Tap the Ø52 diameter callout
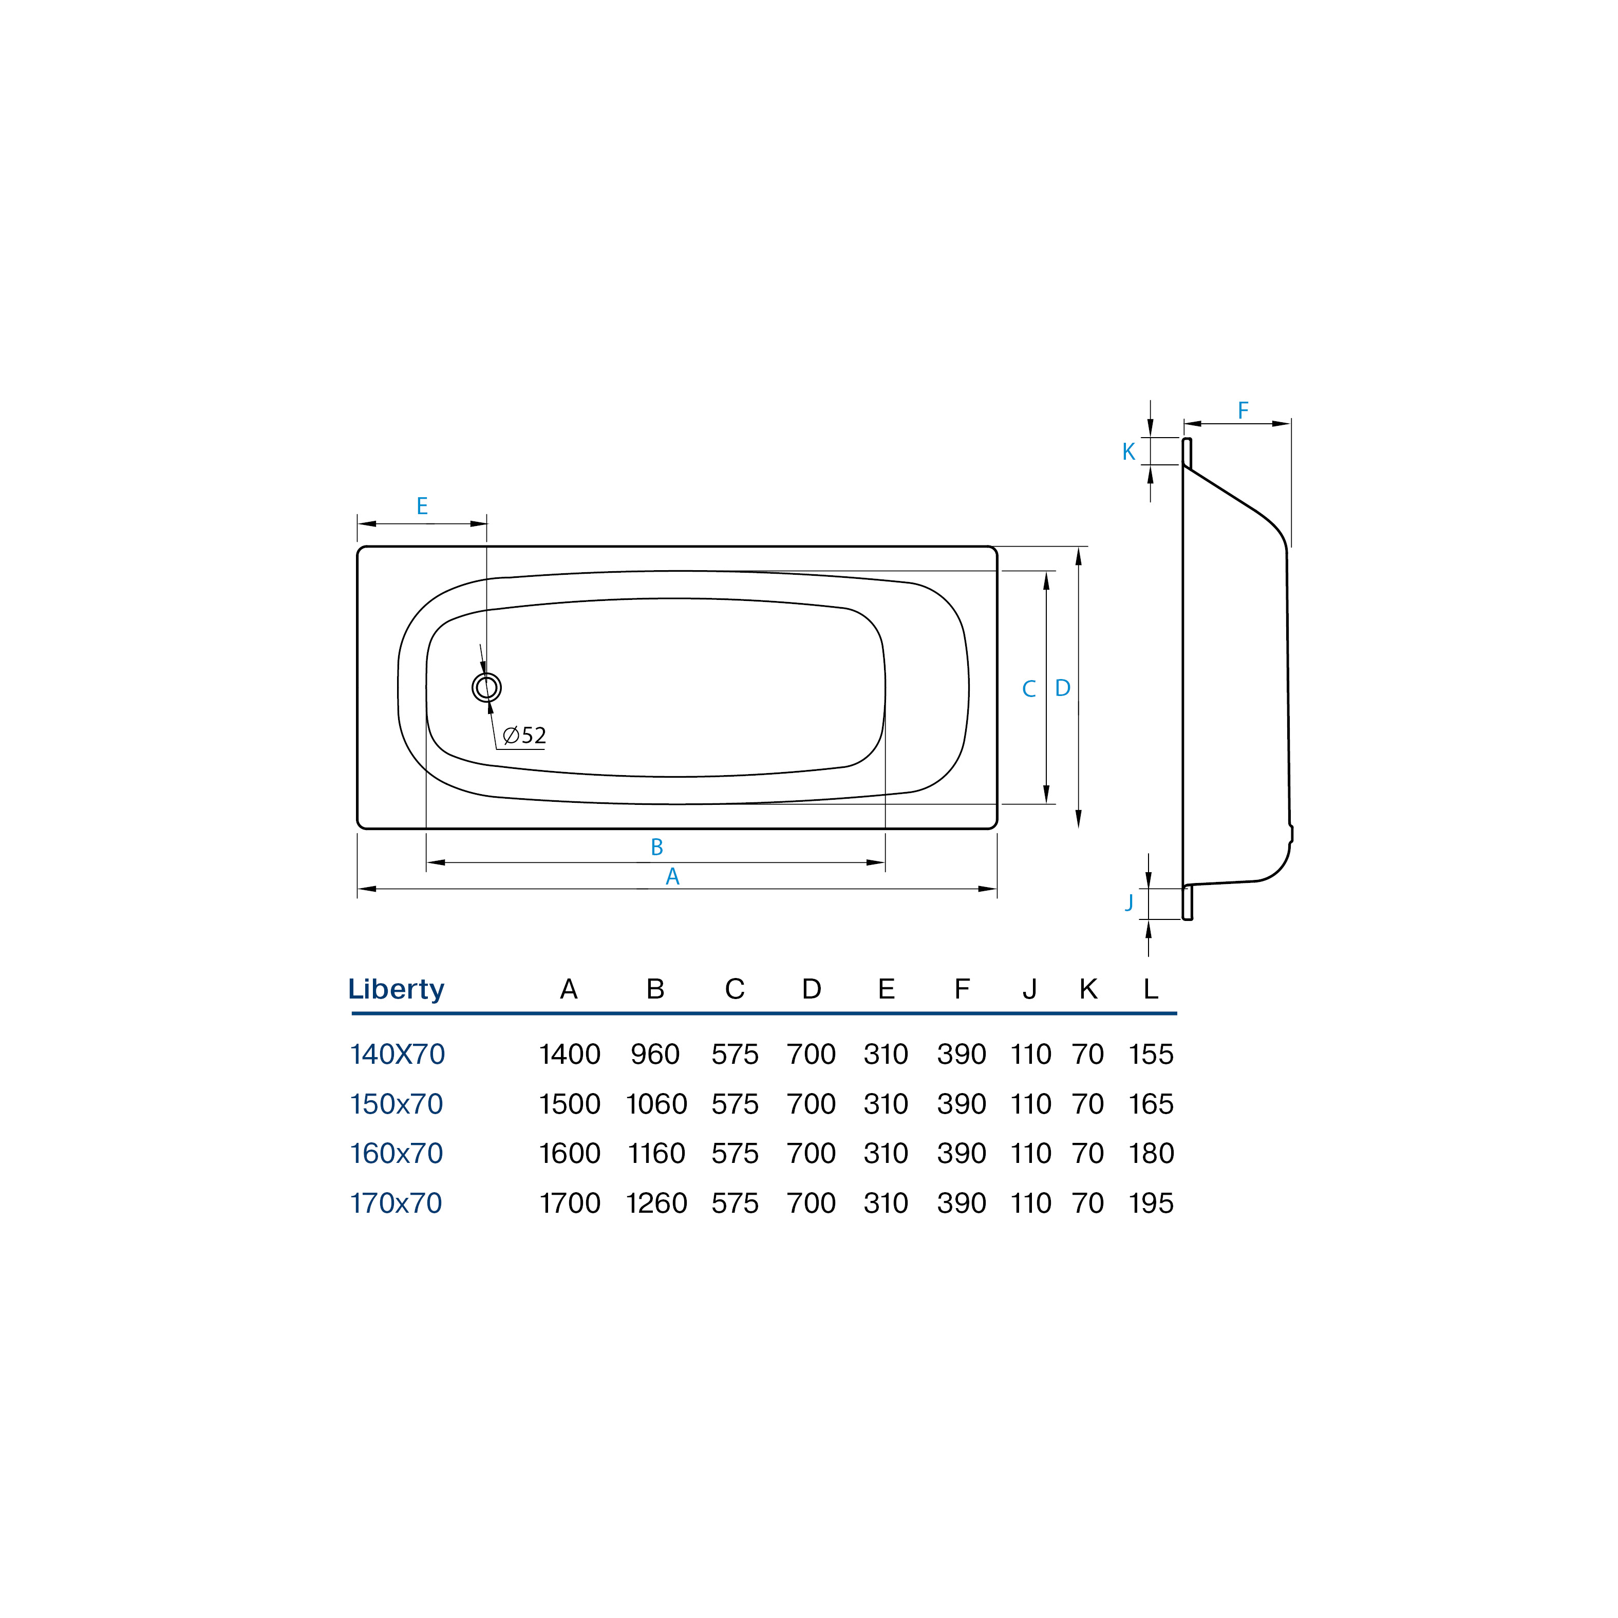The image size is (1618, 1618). pyautogui.click(x=524, y=736)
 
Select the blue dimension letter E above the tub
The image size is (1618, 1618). pyautogui.click(x=422, y=506)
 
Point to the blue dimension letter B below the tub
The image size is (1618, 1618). pyautogui.click(x=656, y=846)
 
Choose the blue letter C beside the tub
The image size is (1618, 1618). pyautogui.click(x=1029, y=688)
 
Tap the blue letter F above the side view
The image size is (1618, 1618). pyautogui.click(x=1243, y=410)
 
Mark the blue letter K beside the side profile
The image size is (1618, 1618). pyautogui.click(x=1129, y=451)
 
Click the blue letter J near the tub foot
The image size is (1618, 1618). pyautogui.click(x=1129, y=902)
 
